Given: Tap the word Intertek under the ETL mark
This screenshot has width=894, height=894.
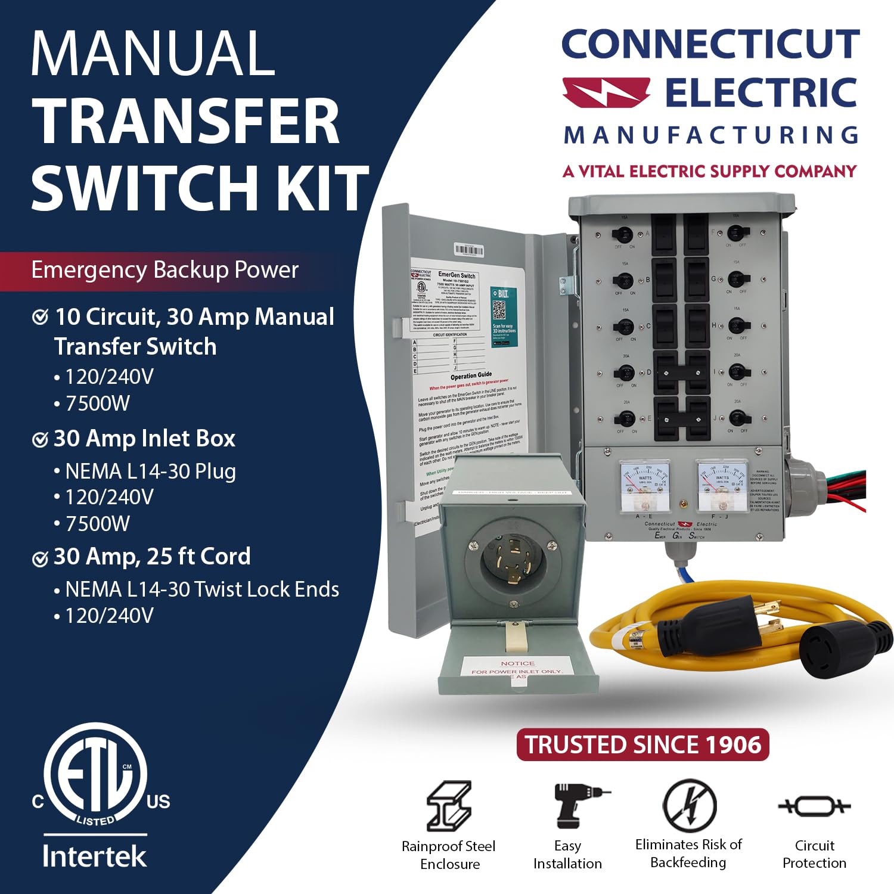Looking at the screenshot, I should tap(94, 856).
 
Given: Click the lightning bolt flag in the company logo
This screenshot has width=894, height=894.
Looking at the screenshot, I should tap(606, 93).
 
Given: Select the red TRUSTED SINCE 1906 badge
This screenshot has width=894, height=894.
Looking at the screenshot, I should tap(642, 744).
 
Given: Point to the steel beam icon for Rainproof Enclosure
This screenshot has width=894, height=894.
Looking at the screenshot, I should tap(449, 806).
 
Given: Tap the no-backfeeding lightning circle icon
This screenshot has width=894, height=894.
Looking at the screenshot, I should tap(690, 805).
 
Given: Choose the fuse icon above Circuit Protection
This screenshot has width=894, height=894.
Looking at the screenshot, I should tap(814, 806).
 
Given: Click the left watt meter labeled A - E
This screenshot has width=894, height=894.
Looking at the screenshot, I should tap(645, 484).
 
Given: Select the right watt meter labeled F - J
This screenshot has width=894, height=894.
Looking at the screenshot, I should tap(722, 484).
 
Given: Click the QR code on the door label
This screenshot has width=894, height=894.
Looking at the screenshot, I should tap(499, 310).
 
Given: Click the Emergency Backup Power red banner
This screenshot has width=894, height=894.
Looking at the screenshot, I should tap(165, 271).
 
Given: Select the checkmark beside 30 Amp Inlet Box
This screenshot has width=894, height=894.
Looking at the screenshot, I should tap(40, 440).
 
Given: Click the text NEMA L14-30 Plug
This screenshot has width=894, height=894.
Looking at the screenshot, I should tap(150, 471).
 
